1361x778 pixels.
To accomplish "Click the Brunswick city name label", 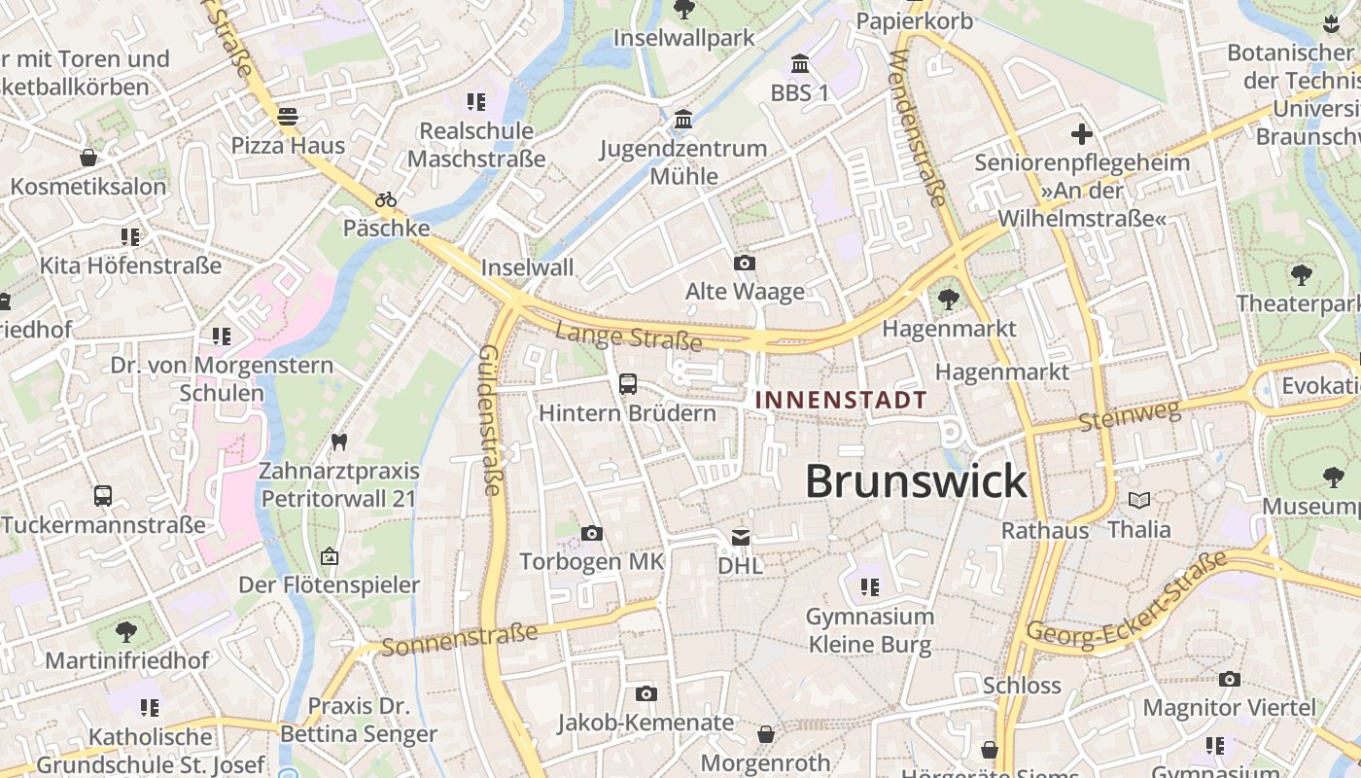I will [x=916, y=481].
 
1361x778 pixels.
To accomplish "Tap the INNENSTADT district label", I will [x=841, y=400].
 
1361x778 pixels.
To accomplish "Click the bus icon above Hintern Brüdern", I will [x=628, y=384].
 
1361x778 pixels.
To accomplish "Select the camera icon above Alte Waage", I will [x=745, y=264].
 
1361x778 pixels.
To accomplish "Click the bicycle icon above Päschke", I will [x=386, y=199].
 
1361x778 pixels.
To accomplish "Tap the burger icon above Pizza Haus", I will [x=287, y=118].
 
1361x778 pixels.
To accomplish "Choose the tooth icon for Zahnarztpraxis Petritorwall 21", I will [x=339, y=442].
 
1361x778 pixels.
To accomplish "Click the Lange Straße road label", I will [x=628, y=336].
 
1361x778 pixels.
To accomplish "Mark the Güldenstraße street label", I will [x=491, y=420].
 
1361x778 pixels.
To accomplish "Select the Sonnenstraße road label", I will [x=459, y=640].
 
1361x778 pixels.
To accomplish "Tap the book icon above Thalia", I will [x=1139, y=500].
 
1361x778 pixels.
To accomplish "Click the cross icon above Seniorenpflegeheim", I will [x=1082, y=134].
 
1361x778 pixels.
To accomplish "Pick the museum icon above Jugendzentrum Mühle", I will [x=683, y=120].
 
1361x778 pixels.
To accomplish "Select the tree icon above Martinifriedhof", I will [x=126, y=632].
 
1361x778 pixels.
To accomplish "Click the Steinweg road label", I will [x=1130, y=417].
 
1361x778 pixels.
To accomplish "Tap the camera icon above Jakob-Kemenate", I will [x=646, y=693].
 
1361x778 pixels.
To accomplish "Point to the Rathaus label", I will [x=1045, y=531].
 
